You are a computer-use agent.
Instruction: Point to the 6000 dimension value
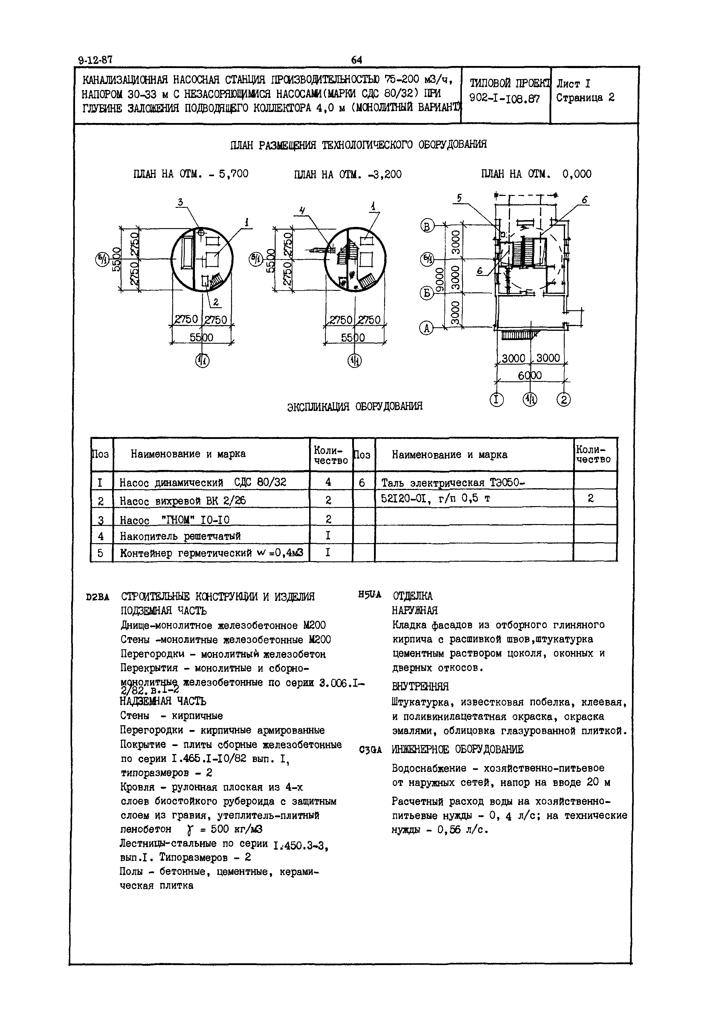(x=530, y=376)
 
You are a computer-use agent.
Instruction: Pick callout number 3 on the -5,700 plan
(x=180, y=202)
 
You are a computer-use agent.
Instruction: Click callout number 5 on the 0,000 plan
(x=459, y=199)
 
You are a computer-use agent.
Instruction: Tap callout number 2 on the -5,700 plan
(x=216, y=302)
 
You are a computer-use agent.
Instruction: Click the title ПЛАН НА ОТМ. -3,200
(x=348, y=174)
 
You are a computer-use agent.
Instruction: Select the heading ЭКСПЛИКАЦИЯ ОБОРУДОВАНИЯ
(x=355, y=406)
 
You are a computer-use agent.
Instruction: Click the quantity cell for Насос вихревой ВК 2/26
(x=328, y=500)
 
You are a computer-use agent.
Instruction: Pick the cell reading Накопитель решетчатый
(x=180, y=536)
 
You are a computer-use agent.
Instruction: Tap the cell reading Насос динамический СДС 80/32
(x=203, y=482)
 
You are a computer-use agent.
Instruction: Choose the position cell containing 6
(x=362, y=482)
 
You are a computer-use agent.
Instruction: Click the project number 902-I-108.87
(x=505, y=98)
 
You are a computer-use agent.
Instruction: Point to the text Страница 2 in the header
(x=585, y=98)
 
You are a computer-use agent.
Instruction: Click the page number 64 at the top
(x=357, y=59)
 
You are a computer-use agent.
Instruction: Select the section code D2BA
(x=97, y=597)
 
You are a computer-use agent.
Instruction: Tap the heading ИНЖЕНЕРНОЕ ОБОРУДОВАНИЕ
(x=458, y=749)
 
